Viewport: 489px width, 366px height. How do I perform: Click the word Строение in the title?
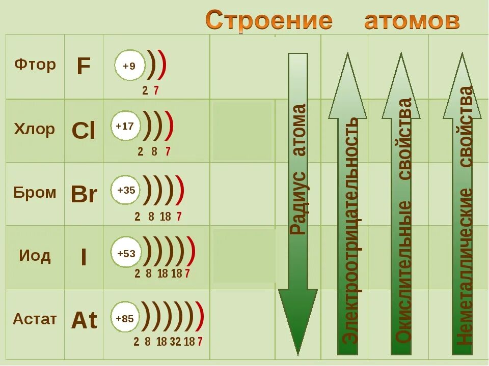(269, 21)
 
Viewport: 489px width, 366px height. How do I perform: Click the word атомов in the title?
(412, 21)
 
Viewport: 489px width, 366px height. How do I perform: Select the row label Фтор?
(35, 65)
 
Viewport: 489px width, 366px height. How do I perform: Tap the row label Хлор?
(35, 129)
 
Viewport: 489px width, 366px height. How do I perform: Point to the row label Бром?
(35, 193)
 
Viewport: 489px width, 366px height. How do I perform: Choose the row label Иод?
(35, 255)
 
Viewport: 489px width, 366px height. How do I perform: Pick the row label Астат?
(35, 319)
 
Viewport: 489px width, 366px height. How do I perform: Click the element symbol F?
(84, 66)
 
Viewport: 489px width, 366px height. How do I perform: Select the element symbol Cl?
(84, 131)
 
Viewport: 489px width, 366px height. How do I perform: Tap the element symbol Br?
(84, 194)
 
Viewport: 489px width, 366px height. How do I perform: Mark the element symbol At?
(84, 320)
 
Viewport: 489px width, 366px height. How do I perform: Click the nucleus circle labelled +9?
(129, 66)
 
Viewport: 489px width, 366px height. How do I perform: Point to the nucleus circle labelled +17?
(125, 126)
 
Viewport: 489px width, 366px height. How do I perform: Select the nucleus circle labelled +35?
(126, 191)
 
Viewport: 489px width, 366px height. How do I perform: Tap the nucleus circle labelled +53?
(126, 253)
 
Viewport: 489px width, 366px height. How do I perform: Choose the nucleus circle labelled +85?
(125, 319)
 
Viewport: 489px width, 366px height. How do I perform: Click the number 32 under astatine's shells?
(175, 342)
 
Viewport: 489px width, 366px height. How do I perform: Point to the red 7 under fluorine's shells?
(156, 91)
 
